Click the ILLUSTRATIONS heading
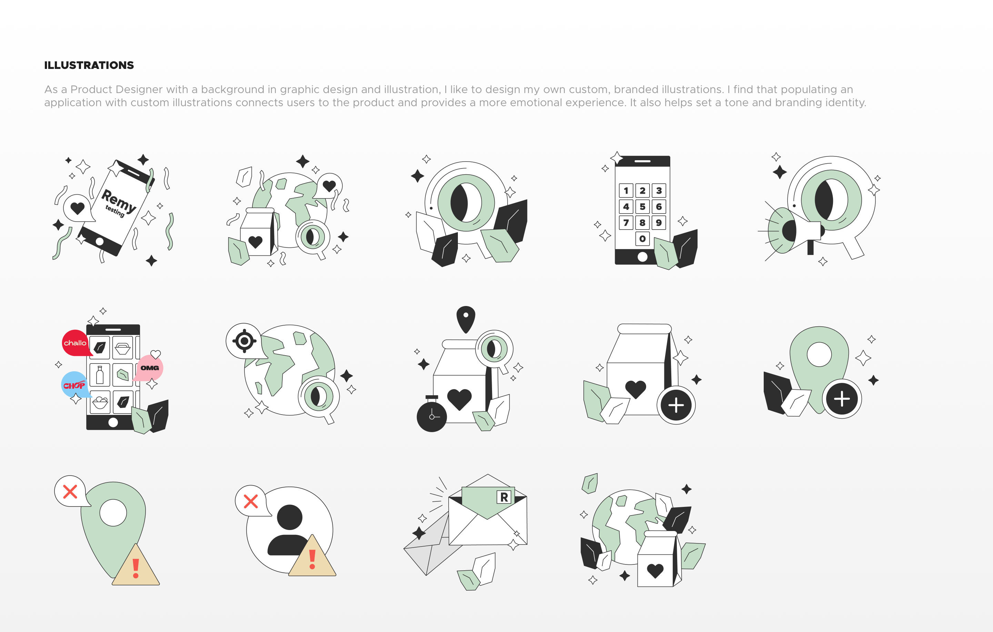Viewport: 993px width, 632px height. [x=89, y=65]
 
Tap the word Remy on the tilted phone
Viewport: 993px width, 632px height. [x=119, y=201]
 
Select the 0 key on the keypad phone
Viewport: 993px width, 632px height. [x=642, y=239]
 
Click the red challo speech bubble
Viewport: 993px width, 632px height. [x=76, y=343]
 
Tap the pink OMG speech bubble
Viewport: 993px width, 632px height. [x=149, y=368]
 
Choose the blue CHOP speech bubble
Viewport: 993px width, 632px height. [x=74, y=385]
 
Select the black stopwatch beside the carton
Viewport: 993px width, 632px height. [x=432, y=414]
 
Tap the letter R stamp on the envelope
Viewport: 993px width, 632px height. [x=504, y=497]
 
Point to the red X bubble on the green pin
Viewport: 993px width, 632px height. [x=71, y=491]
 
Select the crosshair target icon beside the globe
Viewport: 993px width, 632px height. [x=244, y=341]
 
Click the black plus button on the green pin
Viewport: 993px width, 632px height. [x=842, y=399]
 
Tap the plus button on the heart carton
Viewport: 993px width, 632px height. [x=676, y=405]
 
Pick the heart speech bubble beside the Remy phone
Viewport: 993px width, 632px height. [x=78, y=208]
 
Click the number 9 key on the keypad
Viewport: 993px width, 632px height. [x=659, y=223]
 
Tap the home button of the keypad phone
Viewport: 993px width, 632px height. [x=642, y=257]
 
